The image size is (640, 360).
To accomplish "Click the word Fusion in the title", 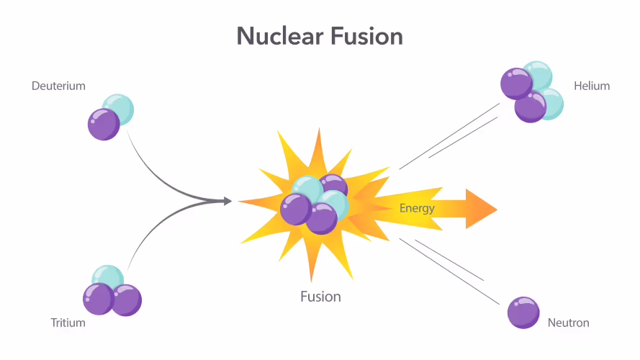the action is pos(367,36).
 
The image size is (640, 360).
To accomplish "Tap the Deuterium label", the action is pos(59,86).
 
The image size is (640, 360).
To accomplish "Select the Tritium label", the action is pos(68,323).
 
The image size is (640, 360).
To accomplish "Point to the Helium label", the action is pos(592,86).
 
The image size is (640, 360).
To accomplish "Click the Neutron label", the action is pos(569,323).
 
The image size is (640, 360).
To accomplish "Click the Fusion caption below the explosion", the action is pos(321,297).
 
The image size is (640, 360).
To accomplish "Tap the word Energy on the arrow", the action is pos(417,209).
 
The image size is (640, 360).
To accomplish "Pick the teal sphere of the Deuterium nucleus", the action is pos(119,109).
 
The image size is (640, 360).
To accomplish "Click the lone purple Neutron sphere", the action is pos(523,312).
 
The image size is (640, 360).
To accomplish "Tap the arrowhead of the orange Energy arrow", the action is pos(481,209).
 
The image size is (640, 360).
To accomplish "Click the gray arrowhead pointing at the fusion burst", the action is pos(227,201).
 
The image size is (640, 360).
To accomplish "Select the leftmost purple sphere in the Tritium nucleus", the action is pos(99,300).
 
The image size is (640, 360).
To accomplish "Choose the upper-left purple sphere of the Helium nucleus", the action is pos(517,84).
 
